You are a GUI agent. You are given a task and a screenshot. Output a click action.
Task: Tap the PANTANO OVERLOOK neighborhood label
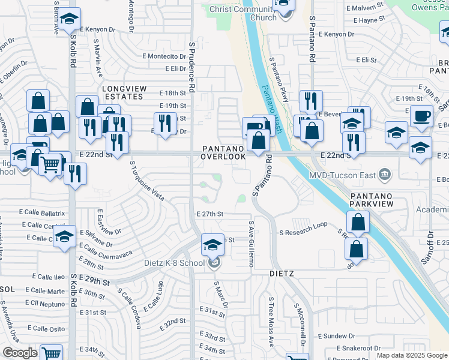(x=223, y=152)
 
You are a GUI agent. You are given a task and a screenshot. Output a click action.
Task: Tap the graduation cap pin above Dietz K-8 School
(x=212, y=245)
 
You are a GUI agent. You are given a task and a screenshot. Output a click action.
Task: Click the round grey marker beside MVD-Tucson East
(x=385, y=176)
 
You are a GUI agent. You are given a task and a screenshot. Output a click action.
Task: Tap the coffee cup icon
(x=421, y=115)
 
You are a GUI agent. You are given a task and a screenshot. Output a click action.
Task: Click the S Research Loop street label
(x=303, y=224)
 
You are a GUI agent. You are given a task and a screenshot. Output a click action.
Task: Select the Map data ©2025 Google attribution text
(x=412, y=355)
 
